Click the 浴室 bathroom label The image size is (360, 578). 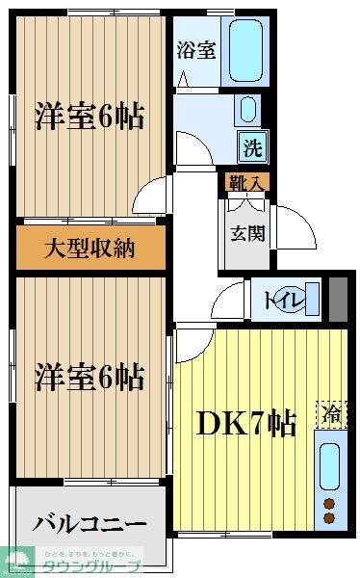(x=195, y=51)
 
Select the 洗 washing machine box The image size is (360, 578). (x=252, y=149)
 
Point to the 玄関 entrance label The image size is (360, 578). (x=243, y=232)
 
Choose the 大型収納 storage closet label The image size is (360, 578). (x=90, y=249)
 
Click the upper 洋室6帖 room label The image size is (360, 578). (x=90, y=117)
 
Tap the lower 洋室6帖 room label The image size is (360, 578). (x=90, y=377)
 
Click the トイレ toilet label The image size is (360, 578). (x=286, y=300)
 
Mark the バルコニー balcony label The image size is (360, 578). (x=90, y=524)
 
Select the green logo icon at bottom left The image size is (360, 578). (x=20, y=560)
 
